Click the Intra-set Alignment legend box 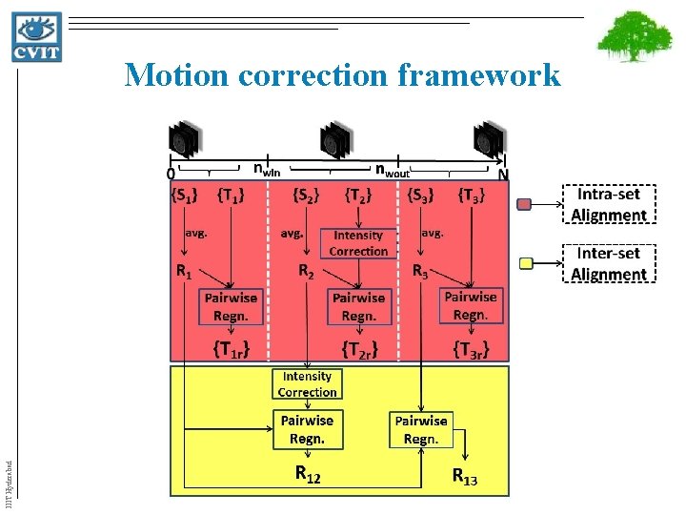click(x=609, y=203)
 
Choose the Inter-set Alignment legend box click(x=609, y=263)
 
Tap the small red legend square click(x=524, y=204)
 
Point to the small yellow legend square click(x=524, y=263)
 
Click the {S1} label click(x=185, y=197)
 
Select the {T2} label click(x=358, y=197)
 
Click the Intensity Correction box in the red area click(x=358, y=243)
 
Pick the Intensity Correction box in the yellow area click(x=307, y=383)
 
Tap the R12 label click(x=308, y=474)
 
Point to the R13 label click(x=464, y=477)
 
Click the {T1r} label click(x=232, y=349)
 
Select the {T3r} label click(x=471, y=349)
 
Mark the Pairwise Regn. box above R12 click(x=307, y=428)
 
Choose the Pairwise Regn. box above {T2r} click(x=358, y=306)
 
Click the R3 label click(x=421, y=271)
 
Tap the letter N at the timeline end click(x=503, y=175)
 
